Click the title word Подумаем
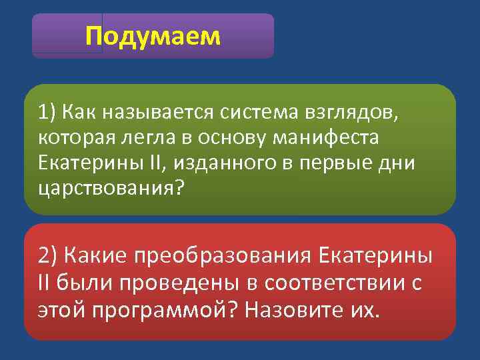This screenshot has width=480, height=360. (x=153, y=37)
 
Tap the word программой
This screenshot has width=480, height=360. (x=160, y=311)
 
